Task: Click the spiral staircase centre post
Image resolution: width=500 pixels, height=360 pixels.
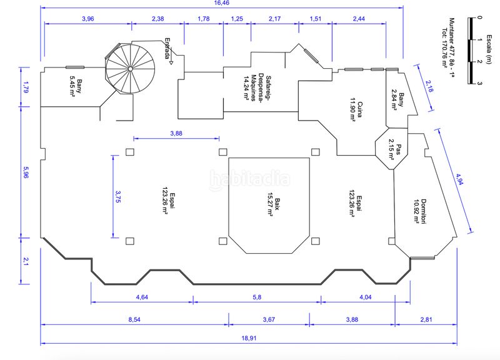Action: [130, 69]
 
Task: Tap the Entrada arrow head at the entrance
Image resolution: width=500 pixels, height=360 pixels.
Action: [171, 62]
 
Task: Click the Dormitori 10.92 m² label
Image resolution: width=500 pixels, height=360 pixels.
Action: [420, 211]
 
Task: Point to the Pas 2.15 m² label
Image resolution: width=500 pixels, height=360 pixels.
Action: [395, 149]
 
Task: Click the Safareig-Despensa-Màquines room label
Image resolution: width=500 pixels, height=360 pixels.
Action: [257, 88]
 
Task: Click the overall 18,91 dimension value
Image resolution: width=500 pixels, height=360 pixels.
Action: [249, 338]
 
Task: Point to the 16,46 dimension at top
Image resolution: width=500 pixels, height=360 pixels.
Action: [222, 3]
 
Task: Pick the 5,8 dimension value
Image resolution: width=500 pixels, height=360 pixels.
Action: [257, 297]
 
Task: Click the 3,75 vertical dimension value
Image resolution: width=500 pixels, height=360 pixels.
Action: [118, 197]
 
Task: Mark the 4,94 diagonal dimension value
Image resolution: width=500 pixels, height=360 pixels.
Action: [459, 179]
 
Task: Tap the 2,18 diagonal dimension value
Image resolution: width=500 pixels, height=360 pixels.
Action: [429, 86]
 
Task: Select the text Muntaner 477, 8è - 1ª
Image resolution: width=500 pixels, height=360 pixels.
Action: [452, 48]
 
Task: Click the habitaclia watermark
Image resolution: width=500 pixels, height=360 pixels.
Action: [249, 179]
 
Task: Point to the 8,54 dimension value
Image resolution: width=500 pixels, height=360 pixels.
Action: [134, 319]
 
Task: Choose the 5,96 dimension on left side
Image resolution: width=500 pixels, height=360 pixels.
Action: [25, 172]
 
